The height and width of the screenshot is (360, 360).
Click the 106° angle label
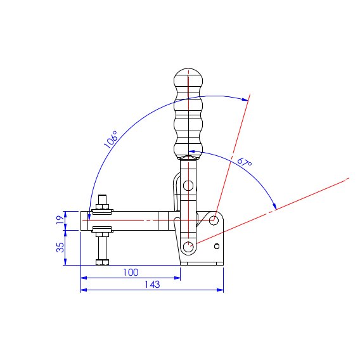click(111, 139)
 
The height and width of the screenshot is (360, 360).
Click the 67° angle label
click(245, 162)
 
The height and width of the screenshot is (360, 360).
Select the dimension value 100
click(131, 273)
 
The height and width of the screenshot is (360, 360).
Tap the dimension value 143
click(152, 285)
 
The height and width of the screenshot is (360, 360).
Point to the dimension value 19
click(60, 220)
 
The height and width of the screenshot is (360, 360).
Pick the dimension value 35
click(60, 247)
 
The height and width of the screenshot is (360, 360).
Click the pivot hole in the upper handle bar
click(188, 186)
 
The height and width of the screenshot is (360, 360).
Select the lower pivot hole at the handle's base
click(188, 247)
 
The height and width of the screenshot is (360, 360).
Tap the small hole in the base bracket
click(217, 247)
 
